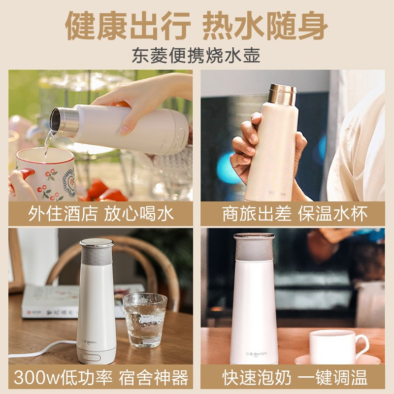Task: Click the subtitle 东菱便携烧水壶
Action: coord(196,56)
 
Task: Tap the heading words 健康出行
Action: coord(128,26)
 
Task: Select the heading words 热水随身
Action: coord(265,26)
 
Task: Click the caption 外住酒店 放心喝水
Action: coord(101,214)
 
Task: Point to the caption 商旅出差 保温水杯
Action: coord(295,214)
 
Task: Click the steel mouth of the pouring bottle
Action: coord(65,122)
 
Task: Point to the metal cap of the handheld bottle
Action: coord(282,95)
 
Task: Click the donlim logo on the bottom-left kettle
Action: coord(89,342)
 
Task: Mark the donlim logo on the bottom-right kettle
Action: coord(256,354)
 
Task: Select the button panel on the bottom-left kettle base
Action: coord(92,358)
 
